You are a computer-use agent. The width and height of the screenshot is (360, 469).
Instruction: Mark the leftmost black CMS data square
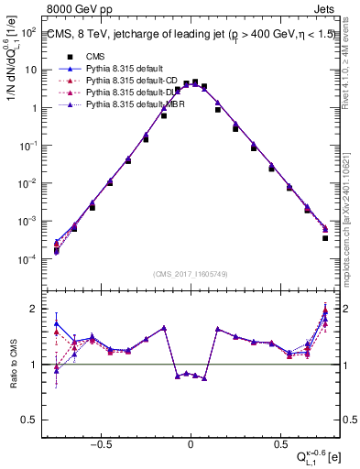coord(56,250)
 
